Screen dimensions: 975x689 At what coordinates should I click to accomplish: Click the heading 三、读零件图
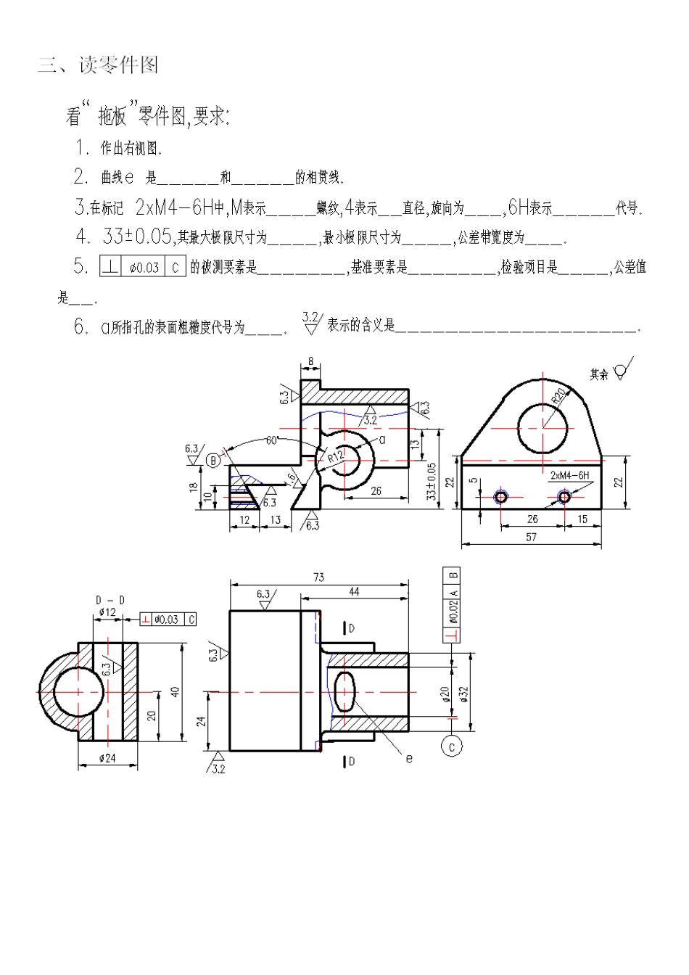point(98,65)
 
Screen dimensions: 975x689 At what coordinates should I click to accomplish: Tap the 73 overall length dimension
point(318,577)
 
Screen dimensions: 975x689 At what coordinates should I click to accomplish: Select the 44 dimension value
point(354,592)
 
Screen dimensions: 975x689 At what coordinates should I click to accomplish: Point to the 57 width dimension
point(531,537)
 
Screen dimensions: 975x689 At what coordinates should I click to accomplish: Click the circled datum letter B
point(213,460)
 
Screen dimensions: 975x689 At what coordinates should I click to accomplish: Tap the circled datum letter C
point(452,746)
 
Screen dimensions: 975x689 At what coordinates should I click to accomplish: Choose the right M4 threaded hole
point(564,496)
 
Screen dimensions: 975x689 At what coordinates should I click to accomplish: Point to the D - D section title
point(110,600)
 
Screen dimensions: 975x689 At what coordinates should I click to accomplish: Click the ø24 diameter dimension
point(107,758)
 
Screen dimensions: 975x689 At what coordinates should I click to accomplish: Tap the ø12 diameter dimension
point(107,612)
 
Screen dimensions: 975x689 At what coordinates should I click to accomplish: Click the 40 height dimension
point(175,691)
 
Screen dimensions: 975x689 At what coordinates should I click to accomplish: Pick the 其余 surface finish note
point(599,374)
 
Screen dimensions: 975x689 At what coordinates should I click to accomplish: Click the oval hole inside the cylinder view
point(344,691)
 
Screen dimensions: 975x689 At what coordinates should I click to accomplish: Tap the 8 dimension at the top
point(310,361)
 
